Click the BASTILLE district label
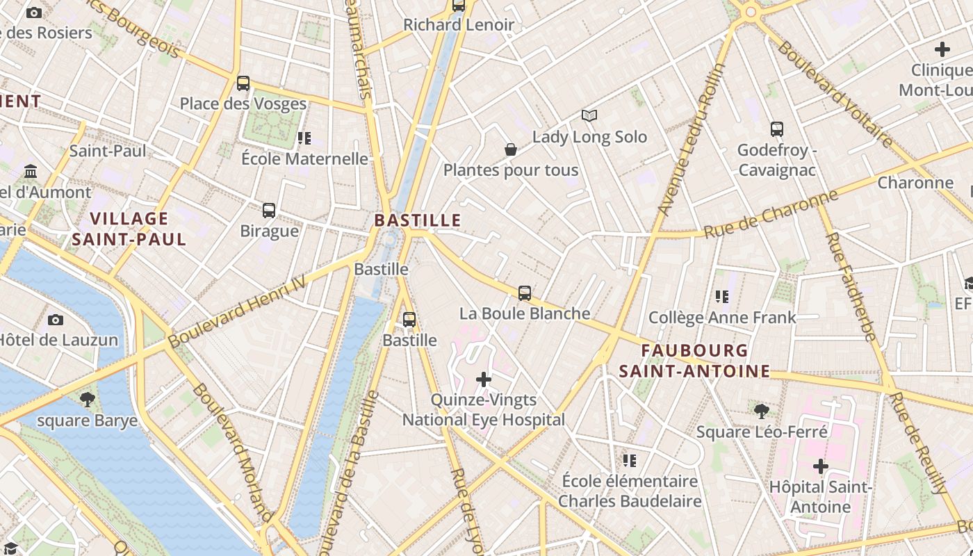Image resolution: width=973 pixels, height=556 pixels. (418, 220)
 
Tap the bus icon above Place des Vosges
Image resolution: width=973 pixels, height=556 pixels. (243, 83)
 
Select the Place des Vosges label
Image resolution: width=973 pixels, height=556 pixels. (243, 104)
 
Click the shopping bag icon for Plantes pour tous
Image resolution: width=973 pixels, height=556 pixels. (510, 149)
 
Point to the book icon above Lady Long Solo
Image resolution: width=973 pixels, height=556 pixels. (589, 115)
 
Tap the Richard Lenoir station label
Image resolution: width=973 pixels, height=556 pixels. (459, 25)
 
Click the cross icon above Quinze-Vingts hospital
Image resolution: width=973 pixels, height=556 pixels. (484, 379)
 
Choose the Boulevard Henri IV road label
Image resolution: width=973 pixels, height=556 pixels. (237, 311)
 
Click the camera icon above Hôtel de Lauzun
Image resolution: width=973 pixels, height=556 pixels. (56, 320)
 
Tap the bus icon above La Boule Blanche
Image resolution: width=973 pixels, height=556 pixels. (525, 293)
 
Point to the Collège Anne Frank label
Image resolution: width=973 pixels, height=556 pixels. (722, 318)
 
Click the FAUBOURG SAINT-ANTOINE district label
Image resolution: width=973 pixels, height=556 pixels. (694, 361)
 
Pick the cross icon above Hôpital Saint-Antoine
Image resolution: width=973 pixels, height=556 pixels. (820, 466)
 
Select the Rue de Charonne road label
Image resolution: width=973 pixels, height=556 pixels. (771, 214)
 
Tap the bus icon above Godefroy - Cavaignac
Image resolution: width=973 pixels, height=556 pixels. (777, 129)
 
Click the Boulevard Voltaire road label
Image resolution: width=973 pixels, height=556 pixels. (835, 94)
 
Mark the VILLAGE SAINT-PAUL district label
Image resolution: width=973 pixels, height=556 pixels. (130, 229)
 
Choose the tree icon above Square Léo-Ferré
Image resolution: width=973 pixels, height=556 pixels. (762, 411)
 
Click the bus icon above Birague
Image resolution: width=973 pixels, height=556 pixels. (269, 210)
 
